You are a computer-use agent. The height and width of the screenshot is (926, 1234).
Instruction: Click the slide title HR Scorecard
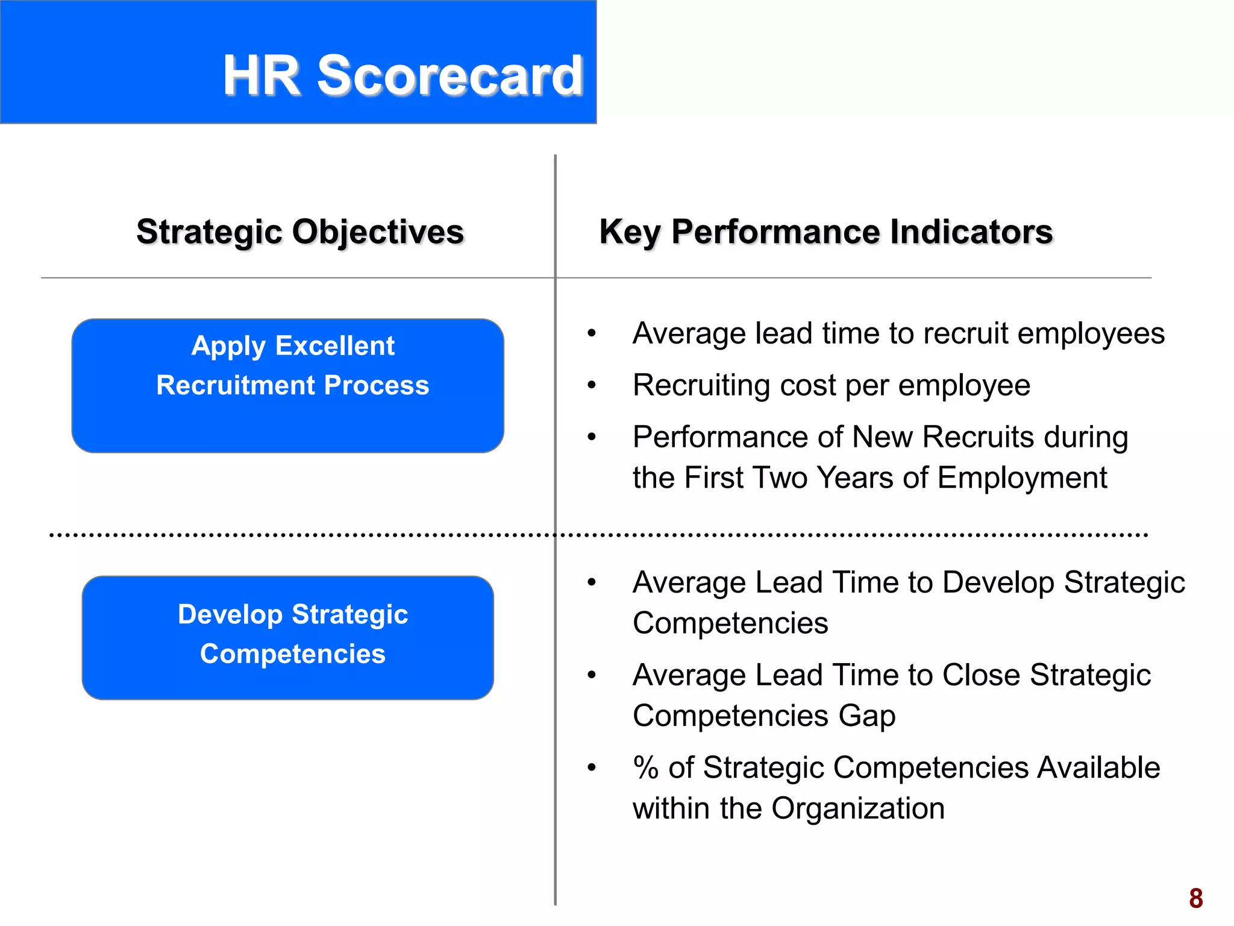coord(402,75)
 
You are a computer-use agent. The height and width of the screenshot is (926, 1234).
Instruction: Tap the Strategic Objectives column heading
coord(300,232)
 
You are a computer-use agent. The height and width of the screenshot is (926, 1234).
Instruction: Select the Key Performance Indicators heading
coord(825,232)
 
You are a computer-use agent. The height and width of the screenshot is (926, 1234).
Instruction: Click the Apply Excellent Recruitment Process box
coord(287,386)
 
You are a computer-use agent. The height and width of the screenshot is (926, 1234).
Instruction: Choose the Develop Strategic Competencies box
coord(287,637)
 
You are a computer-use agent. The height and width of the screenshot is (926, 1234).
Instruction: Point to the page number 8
coord(1195,898)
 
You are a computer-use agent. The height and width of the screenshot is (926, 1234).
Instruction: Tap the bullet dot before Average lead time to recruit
coord(592,333)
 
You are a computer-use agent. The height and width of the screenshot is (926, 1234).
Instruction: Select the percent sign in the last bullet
coord(645,767)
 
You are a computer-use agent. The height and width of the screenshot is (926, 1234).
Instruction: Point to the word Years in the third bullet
coord(854,478)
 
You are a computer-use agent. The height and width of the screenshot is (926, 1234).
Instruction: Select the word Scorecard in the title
coord(450,75)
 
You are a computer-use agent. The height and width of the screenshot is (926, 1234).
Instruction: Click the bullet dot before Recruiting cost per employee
coord(592,385)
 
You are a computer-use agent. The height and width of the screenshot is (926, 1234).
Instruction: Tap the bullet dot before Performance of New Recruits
coord(592,437)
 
